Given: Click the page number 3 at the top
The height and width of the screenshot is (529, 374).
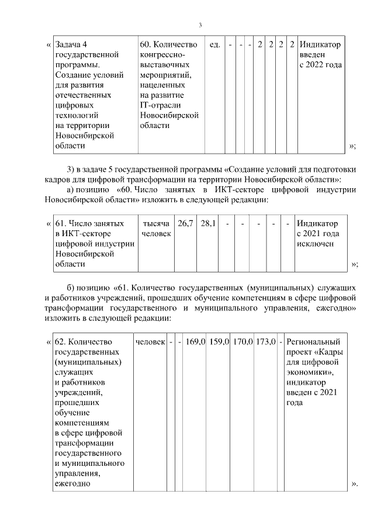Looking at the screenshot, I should coord(200,25).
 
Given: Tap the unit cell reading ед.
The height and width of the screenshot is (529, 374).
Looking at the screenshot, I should coord(214,44).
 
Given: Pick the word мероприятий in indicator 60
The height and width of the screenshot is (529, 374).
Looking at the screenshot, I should coord(165,75).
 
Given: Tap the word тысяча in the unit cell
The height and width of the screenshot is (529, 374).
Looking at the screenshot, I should coord(156,223).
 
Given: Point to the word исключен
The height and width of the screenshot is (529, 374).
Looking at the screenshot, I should coord(316,244).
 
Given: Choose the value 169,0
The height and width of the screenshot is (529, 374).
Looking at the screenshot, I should coord(195,341).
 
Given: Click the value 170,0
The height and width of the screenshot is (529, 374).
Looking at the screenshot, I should coord(241,341).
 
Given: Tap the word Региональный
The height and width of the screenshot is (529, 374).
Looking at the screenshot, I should coord(314,341).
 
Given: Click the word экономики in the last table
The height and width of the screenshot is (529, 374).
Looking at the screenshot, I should coord(310,372).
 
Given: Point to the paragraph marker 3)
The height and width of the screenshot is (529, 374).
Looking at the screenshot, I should coord(72,170).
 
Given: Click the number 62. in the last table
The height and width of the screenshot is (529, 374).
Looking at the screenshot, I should coord(61,341).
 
